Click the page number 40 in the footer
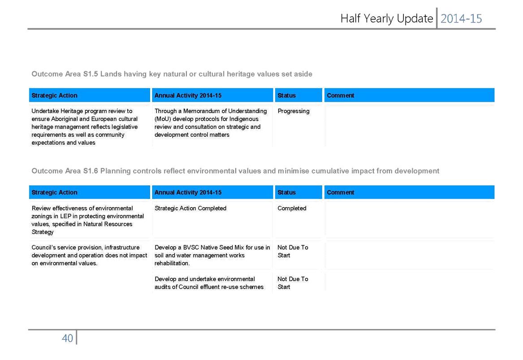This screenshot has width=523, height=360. (x=67, y=338)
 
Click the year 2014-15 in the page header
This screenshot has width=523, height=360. (x=461, y=18)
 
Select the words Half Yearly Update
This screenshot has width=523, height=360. (x=387, y=18)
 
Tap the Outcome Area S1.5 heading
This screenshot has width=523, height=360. (x=172, y=74)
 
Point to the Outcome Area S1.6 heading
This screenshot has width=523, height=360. (x=235, y=171)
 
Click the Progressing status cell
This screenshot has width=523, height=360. (x=294, y=111)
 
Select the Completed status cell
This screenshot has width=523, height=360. (x=292, y=208)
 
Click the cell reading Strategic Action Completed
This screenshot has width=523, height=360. (x=190, y=208)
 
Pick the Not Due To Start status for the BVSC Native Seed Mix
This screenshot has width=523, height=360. (x=293, y=251)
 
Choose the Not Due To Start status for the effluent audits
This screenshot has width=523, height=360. (x=293, y=283)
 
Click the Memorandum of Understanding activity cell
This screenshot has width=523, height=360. (x=211, y=123)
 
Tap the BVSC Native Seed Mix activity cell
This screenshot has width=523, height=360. (x=212, y=255)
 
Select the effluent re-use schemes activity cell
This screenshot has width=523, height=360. (x=209, y=283)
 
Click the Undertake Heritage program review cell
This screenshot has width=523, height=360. (x=85, y=127)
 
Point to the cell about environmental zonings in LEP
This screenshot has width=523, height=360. (x=88, y=220)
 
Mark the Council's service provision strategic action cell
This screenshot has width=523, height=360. (x=89, y=255)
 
